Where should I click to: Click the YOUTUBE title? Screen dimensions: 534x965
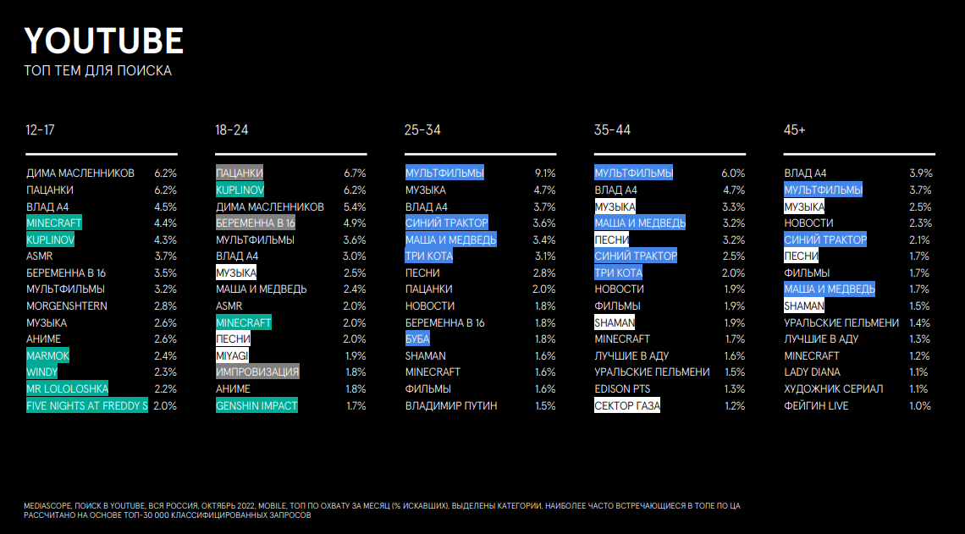point(103,40)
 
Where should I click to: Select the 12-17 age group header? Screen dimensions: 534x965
point(41,130)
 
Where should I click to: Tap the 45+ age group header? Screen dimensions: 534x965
point(795,130)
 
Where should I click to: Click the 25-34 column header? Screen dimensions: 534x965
point(422,130)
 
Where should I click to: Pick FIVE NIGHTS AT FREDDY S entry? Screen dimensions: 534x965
point(86,406)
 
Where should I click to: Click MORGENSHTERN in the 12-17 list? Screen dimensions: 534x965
point(67,306)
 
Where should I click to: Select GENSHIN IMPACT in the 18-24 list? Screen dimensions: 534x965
point(256,406)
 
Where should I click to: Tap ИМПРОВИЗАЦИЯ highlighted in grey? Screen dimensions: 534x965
point(257,372)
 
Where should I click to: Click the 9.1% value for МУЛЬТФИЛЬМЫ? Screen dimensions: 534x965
point(544,173)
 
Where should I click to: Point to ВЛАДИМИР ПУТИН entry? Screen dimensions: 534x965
point(451,406)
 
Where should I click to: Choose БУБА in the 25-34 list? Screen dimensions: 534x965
point(417,339)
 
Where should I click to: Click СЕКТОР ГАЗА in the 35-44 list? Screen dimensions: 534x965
point(627,406)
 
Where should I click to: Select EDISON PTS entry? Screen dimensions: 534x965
point(624,389)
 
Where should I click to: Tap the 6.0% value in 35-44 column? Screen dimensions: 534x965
point(733,173)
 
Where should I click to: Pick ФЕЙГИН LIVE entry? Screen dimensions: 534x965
point(816,406)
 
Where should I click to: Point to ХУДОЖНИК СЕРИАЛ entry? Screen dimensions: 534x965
point(833,389)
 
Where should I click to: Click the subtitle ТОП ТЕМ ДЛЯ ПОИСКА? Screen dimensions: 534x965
point(97,70)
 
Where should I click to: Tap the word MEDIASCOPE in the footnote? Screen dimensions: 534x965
point(45,506)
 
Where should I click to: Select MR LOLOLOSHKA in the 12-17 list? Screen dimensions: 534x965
point(67,389)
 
